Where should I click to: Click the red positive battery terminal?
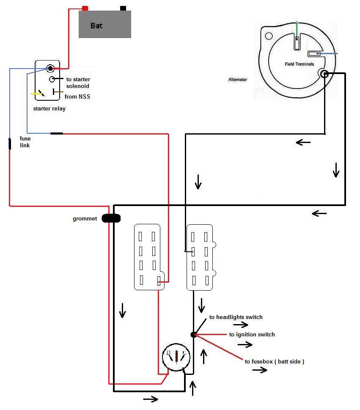point(85,8)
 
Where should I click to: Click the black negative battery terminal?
point(123,8)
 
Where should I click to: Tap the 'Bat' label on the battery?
point(96,26)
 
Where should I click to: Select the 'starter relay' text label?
point(49,108)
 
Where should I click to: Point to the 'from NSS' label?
point(77,96)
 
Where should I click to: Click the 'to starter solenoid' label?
point(78,83)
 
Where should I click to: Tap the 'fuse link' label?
point(25,142)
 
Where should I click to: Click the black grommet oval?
point(111,218)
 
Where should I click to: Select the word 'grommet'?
point(85,219)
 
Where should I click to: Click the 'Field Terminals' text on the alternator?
point(300,64)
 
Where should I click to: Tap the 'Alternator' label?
point(238,80)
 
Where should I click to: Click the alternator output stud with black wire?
point(324,74)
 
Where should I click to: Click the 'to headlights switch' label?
point(236,317)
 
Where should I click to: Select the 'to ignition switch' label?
point(252,334)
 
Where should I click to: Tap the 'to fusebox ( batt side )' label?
point(275,362)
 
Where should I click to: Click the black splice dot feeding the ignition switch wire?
point(194,335)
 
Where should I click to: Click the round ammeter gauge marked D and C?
point(176,357)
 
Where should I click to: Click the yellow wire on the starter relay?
point(36,94)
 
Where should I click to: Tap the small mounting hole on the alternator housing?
point(269,36)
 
